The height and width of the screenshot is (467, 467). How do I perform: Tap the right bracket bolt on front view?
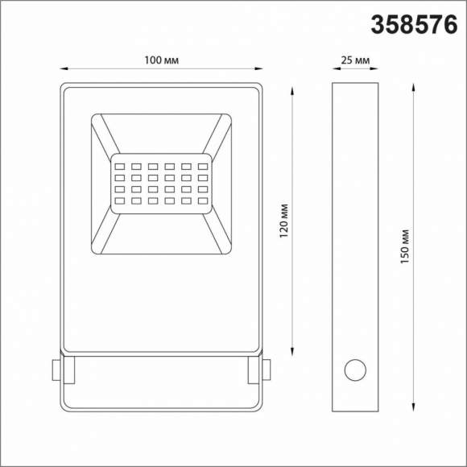tap(267, 370)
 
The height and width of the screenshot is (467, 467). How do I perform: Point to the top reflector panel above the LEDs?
tap(161, 134)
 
